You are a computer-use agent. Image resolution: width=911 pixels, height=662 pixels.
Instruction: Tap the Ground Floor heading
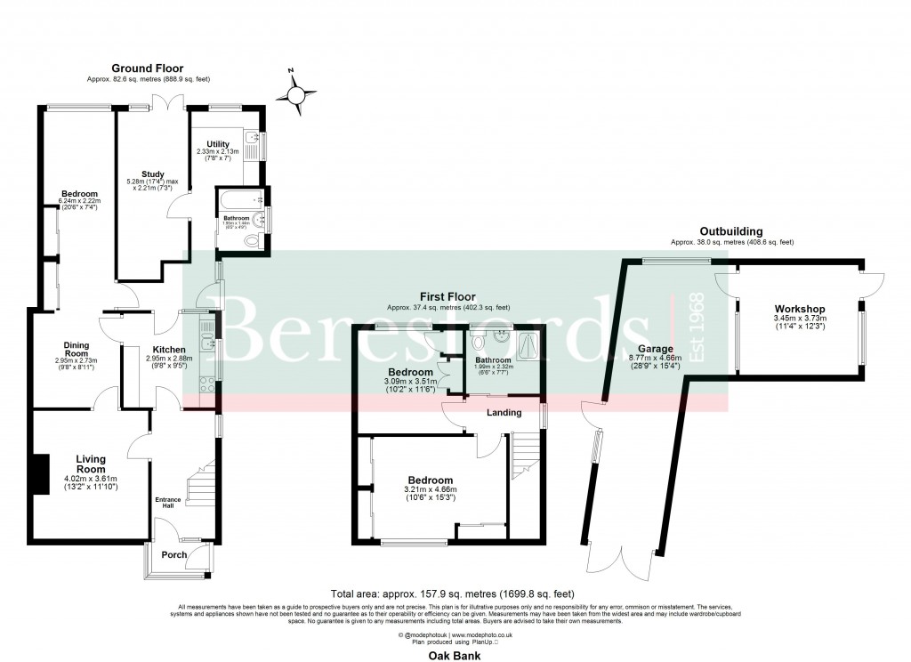tap(147, 69)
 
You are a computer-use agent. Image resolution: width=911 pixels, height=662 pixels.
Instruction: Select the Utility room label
tap(218, 144)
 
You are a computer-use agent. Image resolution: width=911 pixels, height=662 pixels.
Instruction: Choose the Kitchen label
tap(168, 349)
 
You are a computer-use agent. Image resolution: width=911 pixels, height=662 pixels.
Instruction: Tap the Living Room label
tap(90, 464)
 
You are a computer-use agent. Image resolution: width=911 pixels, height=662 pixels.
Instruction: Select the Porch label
tap(173, 555)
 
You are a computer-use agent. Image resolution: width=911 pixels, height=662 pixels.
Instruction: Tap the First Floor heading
tap(448, 297)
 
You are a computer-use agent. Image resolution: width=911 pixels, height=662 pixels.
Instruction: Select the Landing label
tap(503, 412)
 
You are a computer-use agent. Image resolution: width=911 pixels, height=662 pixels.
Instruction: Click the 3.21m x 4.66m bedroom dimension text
tap(430, 489)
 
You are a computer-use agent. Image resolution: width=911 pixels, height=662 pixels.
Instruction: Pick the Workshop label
tap(800, 309)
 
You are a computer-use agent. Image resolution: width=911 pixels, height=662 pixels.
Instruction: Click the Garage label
tap(656, 349)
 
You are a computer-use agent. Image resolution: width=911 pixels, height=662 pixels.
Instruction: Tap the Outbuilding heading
tap(731, 231)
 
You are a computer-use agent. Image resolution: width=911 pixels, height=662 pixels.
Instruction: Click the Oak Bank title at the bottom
tap(455, 656)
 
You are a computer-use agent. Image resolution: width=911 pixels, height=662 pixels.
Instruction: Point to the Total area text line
tap(452, 593)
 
